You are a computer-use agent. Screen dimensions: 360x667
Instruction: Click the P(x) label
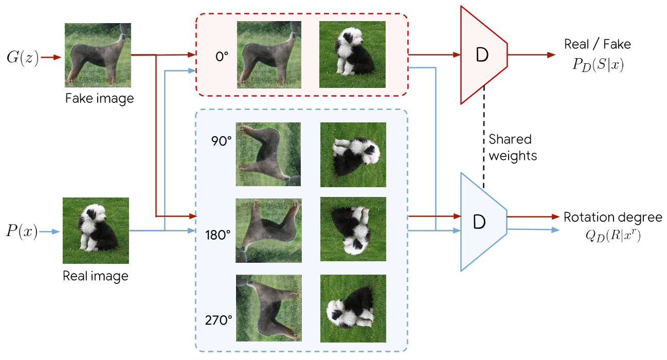(22, 232)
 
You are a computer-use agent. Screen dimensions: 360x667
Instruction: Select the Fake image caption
(99, 98)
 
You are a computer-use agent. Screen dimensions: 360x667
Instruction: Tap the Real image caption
(96, 276)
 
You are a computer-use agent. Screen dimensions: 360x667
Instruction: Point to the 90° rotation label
(222, 141)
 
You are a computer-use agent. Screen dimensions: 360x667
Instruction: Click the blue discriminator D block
(480, 222)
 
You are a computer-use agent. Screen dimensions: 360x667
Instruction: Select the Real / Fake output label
(597, 44)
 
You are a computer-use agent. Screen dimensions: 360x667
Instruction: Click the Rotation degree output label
(612, 217)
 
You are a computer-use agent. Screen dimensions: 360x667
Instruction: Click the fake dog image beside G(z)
(98, 56)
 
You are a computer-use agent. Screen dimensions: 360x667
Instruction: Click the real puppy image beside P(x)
(95, 231)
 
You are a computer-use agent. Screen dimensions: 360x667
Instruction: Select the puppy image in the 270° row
(352, 309)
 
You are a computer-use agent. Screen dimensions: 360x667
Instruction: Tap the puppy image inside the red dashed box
(352, 54)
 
